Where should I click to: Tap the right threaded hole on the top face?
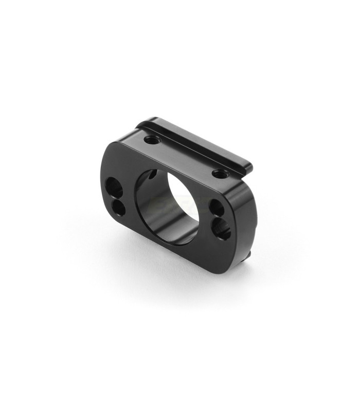click(220, 173)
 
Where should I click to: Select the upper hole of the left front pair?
click(113, 185)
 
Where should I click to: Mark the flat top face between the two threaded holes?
click(185, 154)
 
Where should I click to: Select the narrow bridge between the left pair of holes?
click(116, 196)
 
